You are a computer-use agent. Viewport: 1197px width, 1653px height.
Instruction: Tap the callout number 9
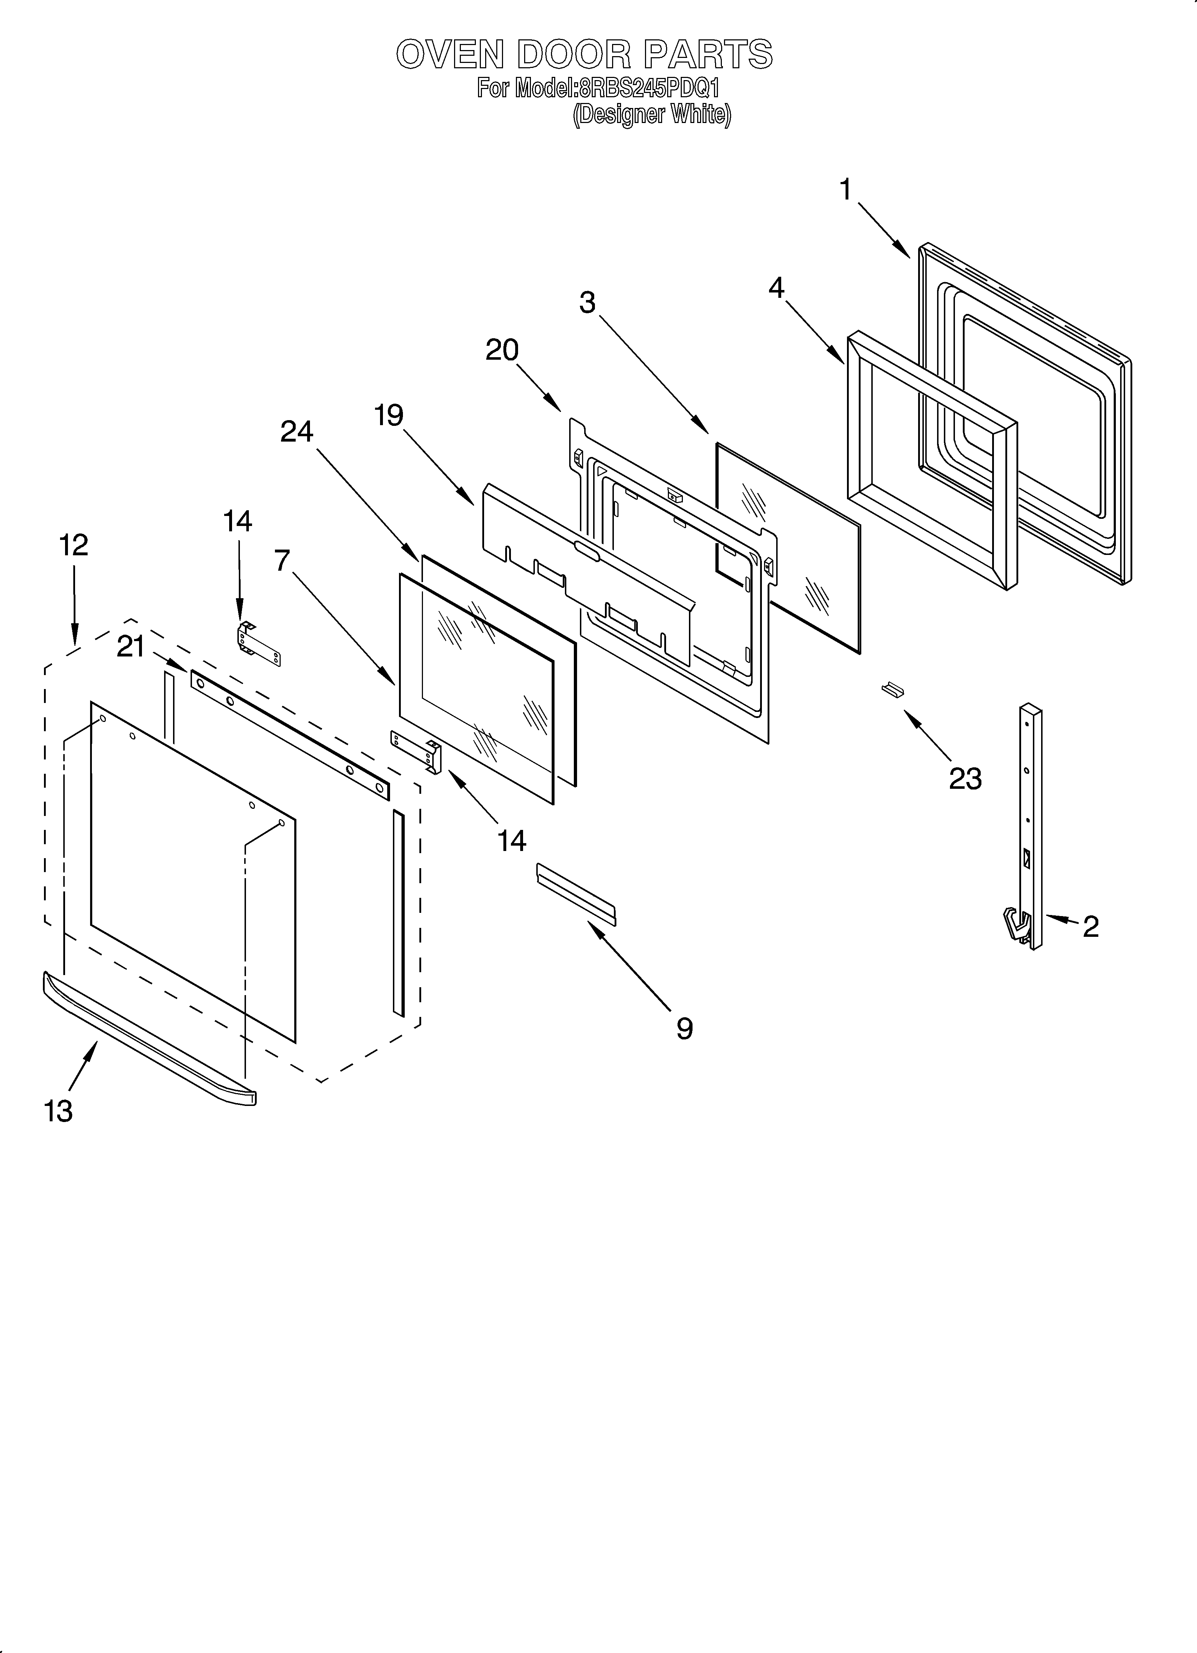(684, 1028)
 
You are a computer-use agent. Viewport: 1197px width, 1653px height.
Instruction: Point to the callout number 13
(58, 1111)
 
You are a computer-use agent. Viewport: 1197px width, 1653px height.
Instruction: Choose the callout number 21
(131, 646)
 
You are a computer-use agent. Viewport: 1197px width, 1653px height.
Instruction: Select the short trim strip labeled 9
(576, 894)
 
